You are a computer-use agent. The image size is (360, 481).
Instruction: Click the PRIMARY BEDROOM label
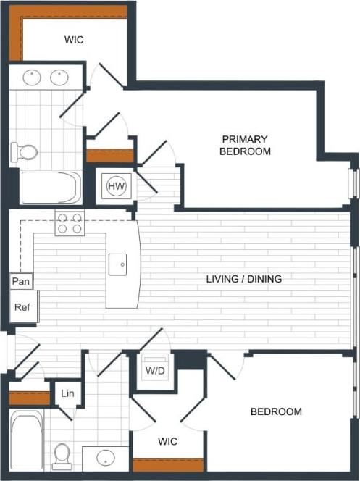point(246,145)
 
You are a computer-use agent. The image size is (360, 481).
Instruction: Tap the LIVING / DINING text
point(244,278)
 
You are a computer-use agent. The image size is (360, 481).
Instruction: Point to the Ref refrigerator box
point(22,307)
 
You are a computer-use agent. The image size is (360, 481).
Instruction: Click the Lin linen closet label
point(67,393)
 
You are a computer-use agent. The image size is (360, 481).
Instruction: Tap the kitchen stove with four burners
point(70,222)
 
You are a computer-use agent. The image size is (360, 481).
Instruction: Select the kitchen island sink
point(120,264)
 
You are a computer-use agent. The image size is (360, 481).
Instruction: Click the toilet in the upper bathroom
point(25,152)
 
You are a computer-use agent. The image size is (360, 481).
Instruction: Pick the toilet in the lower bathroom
point(63,455)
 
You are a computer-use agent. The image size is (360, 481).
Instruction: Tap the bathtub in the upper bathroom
point(50,188)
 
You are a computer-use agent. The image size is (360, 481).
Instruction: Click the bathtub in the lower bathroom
point(27,439)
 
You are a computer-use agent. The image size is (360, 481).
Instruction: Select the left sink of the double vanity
point(32,77)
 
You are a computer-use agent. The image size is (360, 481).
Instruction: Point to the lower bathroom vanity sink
point(106,459)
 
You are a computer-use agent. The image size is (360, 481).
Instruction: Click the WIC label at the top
point(73,40)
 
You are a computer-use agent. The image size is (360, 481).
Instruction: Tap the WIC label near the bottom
point(167,440)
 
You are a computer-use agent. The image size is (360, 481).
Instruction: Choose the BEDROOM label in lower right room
point(276,411)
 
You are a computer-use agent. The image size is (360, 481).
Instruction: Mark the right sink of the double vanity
point(59,77)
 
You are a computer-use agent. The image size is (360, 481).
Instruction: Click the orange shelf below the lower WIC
point(168,465)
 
